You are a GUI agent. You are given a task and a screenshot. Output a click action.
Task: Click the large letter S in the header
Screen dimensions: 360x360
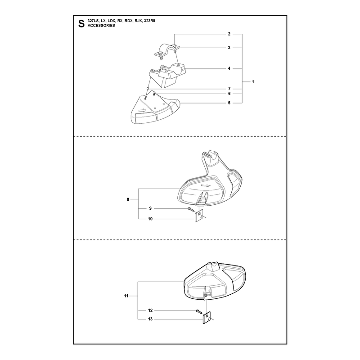pos(81,24)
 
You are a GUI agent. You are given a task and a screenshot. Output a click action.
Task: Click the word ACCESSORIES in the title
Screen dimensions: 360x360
pos(101,26)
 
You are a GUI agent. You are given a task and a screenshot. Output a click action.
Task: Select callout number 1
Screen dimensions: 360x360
pos(253,82)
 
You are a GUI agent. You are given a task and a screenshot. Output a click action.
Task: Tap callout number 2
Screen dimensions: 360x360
pos(229,34)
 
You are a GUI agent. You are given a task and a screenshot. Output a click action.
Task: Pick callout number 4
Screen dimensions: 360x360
pos(229,68)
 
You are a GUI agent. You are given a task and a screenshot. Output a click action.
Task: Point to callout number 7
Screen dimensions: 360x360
pos(229,89)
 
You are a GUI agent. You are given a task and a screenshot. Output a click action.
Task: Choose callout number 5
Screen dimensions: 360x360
pos(229,103)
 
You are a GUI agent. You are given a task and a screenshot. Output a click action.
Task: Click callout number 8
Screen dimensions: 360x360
pos(128,199)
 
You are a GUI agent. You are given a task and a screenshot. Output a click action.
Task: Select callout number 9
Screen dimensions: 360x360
pos(150,208)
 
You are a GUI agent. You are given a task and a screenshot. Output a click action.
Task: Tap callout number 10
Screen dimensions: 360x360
pos(150,219)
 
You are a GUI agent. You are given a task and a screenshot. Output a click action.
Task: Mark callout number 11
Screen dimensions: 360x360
pos(126,296)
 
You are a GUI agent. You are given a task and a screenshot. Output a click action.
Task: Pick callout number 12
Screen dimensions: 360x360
pos(150,310)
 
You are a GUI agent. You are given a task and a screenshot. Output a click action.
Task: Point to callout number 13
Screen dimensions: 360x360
pos(150,319)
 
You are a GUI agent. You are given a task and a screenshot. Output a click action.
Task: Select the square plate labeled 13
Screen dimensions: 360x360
pos(207,318)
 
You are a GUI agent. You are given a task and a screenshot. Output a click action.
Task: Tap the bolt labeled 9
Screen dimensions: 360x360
pos(191,209)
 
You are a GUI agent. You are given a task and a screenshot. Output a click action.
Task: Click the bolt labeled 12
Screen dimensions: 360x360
pos(199,311)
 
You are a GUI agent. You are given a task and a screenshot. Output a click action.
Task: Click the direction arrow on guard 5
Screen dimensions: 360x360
pos(142,110)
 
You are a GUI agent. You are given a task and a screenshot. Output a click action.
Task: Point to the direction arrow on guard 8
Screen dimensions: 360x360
pos(206,186)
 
